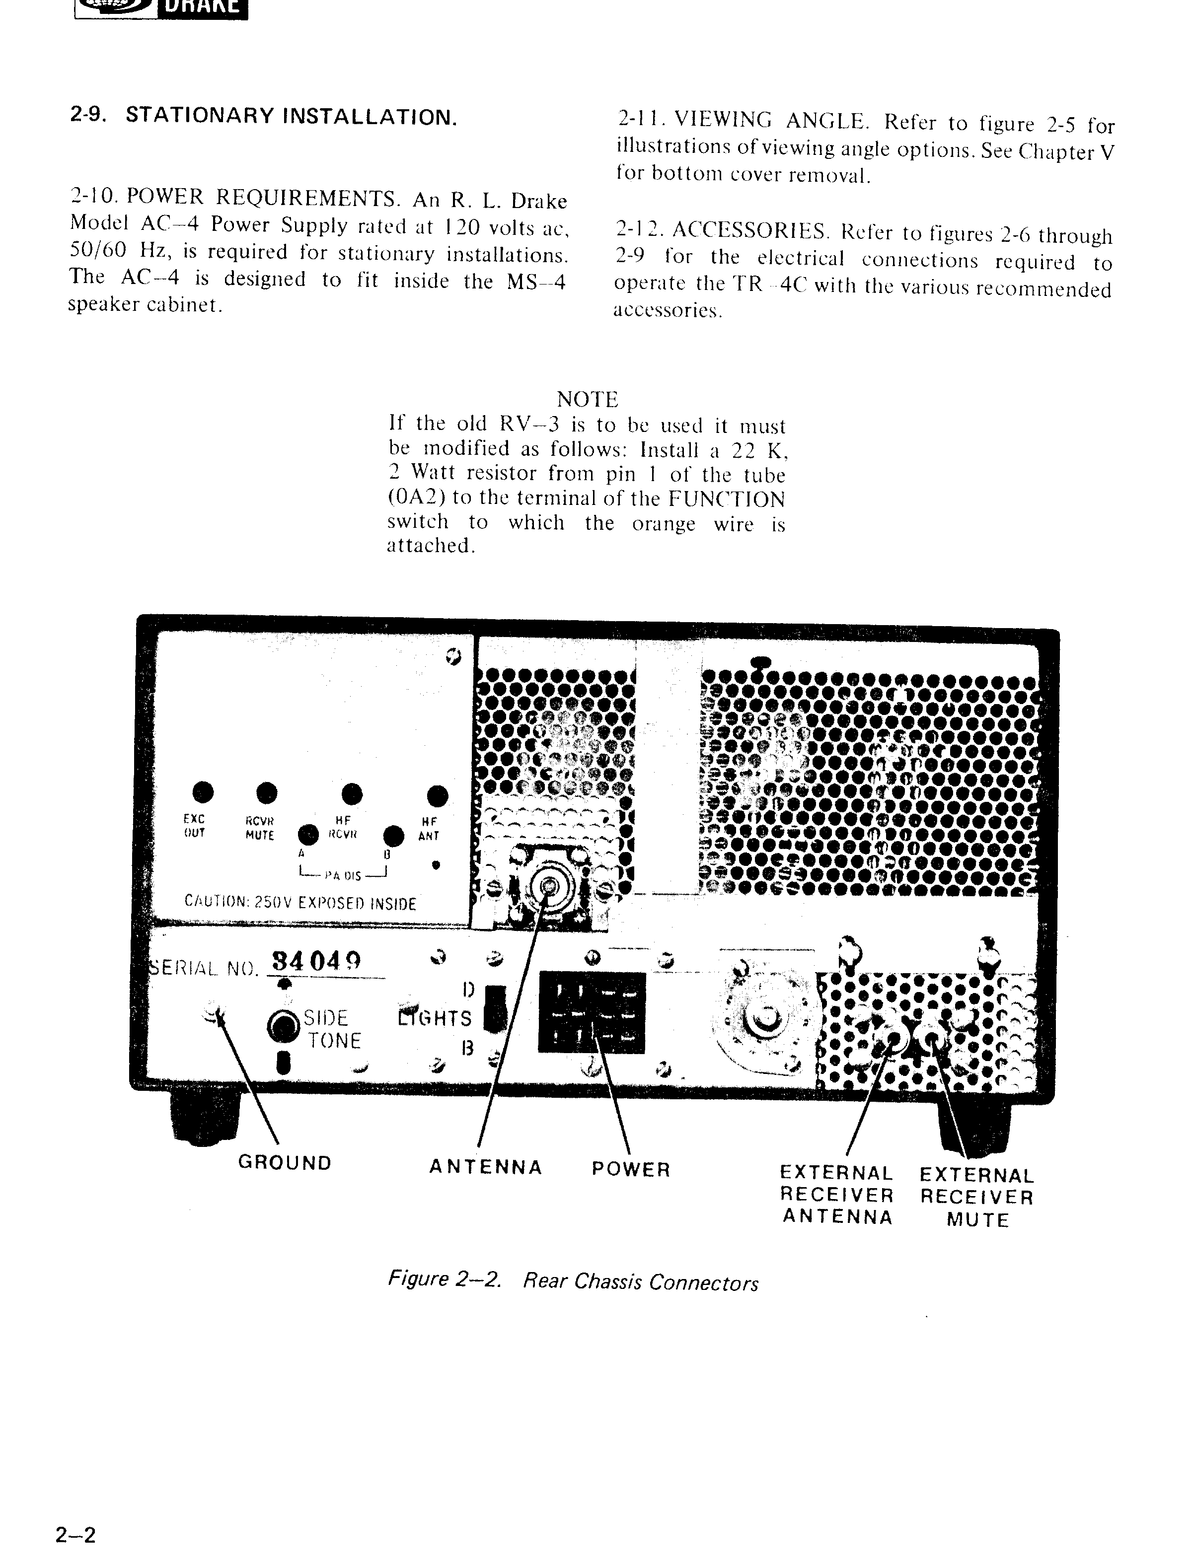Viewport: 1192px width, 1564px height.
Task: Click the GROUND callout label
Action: (x=285, y=1163)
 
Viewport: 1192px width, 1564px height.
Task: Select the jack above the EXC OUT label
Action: (x=203, y=791)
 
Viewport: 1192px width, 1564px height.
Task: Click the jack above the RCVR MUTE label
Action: (x=267, y=791)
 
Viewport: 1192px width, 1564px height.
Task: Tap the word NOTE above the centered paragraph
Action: (x=588, y=399)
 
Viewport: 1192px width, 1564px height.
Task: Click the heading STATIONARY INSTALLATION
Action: (x=291, y=116)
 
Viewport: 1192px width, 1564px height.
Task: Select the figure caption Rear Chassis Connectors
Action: (x=573, y=1281)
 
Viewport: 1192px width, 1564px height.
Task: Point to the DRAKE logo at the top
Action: (x=162, y=8)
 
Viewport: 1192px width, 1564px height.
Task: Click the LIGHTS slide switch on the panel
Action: (x=495, y=1008)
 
